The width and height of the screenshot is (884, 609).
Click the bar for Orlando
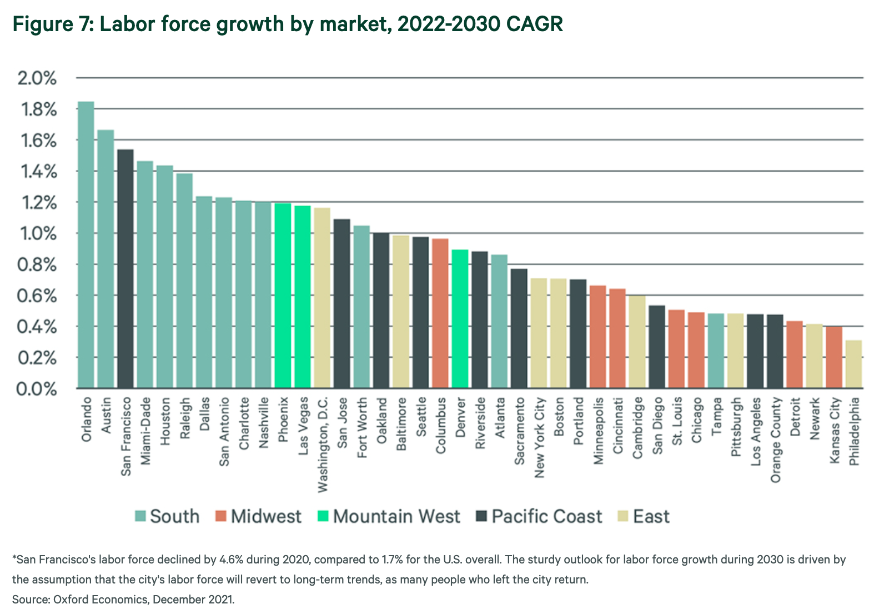coord(86,244)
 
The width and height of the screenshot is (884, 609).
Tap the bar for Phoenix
coord(283,295)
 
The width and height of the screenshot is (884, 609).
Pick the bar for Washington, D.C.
coord(322,297)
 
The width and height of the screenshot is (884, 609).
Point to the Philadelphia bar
coord(854,364)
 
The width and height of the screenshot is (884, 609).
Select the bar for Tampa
coord(716,351)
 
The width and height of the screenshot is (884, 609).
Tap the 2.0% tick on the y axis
coord(37,78)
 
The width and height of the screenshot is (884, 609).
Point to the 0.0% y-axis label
coord(37,389)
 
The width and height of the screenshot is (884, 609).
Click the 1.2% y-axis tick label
coord(37,203)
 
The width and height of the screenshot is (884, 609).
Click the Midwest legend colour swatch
coord(221,516)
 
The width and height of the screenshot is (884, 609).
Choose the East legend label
coord(651,517)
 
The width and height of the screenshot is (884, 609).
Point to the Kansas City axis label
coord(835,430)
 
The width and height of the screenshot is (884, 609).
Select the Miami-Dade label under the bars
coord(145,431)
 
